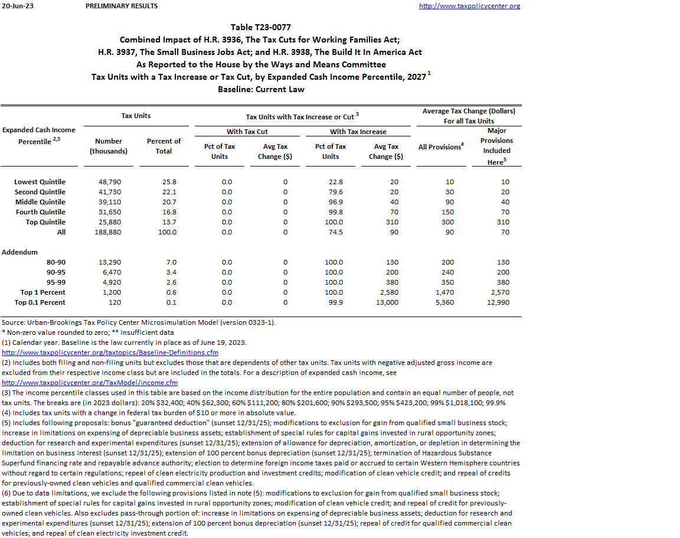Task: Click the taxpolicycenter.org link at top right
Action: (469, 6)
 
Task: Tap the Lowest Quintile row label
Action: (40, 182)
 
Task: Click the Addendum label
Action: (19, 252)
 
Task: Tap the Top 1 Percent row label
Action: (42, 292)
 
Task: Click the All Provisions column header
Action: (440, 146)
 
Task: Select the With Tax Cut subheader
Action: (247, 132)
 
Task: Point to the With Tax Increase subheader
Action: (358, 132)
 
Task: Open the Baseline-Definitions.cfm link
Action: (110, 353)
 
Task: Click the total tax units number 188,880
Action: (110, 232)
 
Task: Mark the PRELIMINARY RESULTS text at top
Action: (122, 6)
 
